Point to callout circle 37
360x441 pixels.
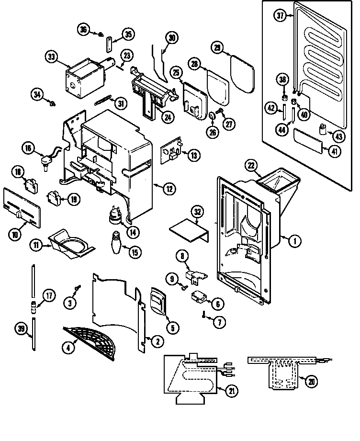[281, 15]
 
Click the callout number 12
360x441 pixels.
[169, 188]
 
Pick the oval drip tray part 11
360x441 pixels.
[74, 244]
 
